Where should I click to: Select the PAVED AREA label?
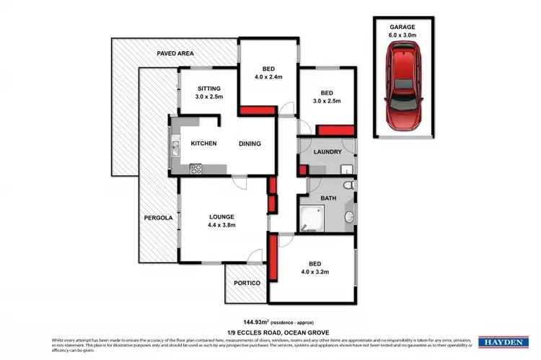(x=176, y=53)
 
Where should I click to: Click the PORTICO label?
(x=246, y=283)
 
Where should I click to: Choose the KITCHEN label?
(x=203, y=144)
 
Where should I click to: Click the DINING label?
(x=250, y=144)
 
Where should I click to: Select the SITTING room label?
(x=209, y=88)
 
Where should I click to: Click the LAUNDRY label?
(x=327, y=152)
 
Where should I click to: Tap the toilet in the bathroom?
(x=348, y=185)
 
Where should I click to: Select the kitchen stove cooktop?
(x=195, y=169)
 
